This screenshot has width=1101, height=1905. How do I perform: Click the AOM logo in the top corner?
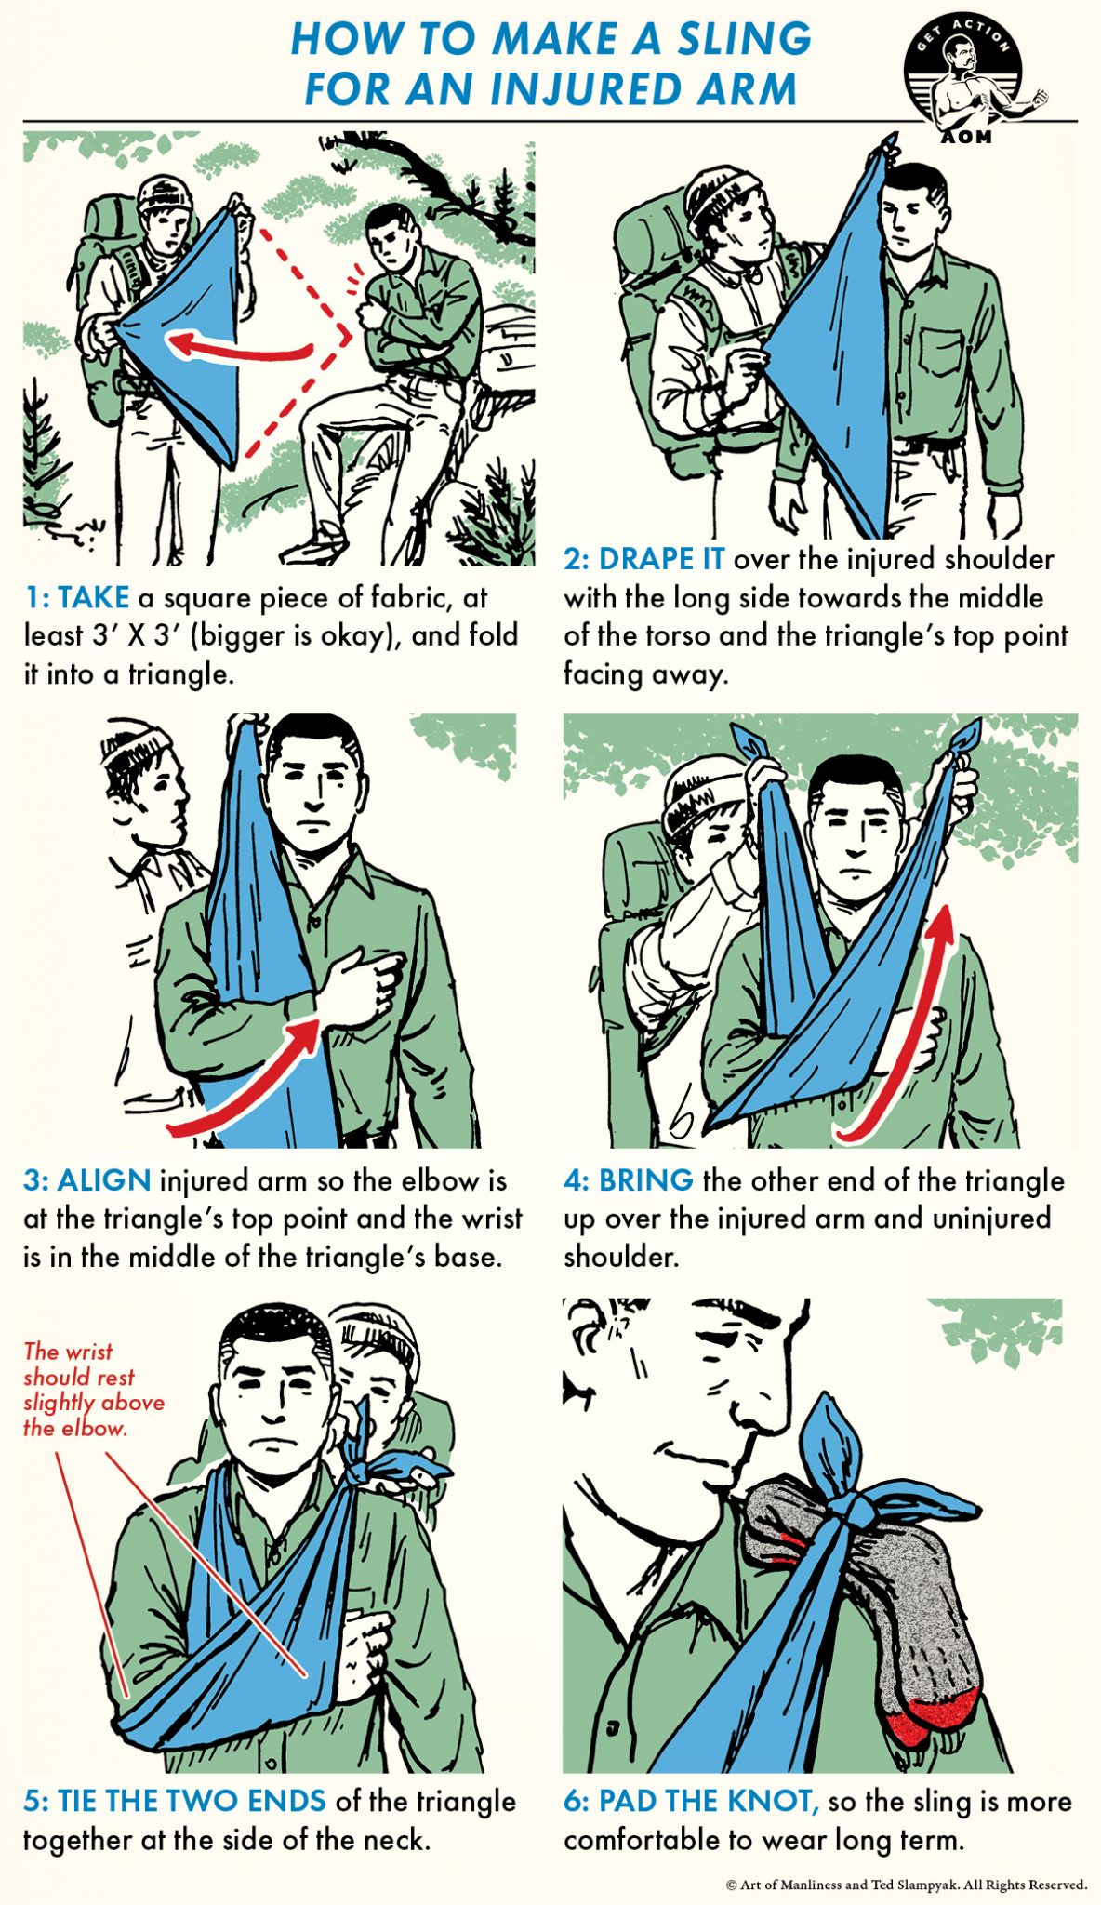(x=964, y=82)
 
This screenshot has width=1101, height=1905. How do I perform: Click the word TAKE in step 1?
(x=93, y=597)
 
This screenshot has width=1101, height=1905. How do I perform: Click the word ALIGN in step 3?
(x=104, y=1180)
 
